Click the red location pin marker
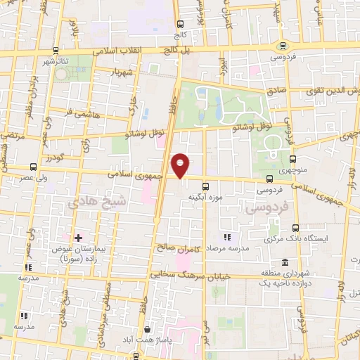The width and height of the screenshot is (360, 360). point(181,166)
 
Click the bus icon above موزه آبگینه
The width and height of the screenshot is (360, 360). point(205,186)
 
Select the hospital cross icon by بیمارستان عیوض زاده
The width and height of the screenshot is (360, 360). point(77,238)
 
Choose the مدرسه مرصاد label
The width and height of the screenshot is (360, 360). point(226,250)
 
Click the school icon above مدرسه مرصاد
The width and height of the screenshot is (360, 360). point(226,238)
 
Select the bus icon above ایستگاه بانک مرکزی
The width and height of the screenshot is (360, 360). point(295,228)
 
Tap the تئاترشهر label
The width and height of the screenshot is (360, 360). point(54,62)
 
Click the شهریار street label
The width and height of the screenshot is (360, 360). point(124,72)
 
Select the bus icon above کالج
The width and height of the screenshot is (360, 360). point(179,22)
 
